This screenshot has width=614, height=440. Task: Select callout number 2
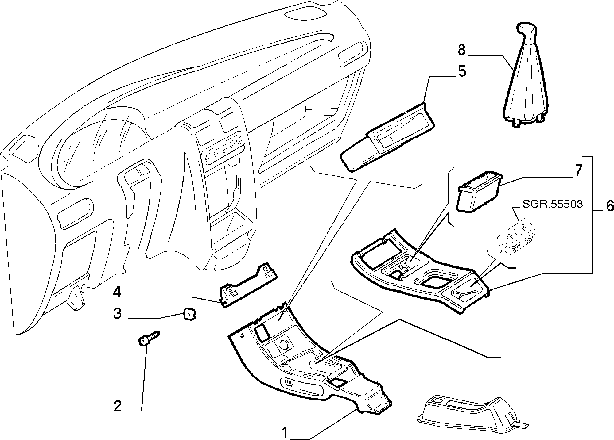coord(118,407)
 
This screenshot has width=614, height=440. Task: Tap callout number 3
coord(117,314)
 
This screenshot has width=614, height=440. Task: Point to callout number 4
coord(117,293)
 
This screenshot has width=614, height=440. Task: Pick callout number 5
coord(462,71)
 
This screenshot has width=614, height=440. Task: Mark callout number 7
coord(578,171)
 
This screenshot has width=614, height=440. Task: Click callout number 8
coord(461,50)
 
